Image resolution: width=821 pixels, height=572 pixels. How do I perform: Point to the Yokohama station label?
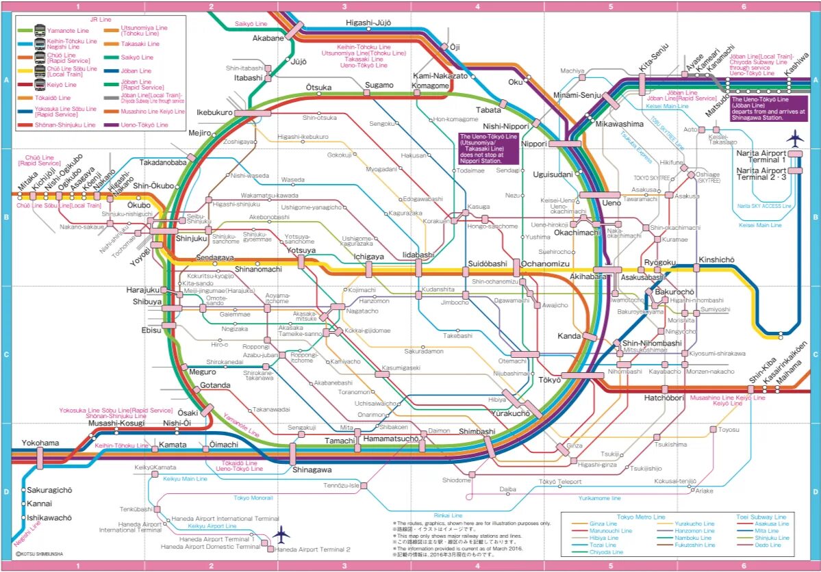(40, 443)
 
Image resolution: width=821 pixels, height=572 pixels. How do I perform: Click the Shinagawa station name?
(312, 470)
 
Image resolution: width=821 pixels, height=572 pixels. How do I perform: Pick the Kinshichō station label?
(716, 260)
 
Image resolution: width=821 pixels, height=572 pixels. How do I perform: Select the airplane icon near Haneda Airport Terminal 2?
(281, 534)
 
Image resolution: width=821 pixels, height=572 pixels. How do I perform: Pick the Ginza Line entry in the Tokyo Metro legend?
(603, 524)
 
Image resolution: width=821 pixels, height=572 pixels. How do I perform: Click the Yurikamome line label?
(599, 499)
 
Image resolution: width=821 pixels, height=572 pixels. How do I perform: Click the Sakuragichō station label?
(49, 491)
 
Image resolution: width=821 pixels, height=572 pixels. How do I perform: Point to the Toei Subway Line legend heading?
(759, 517)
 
